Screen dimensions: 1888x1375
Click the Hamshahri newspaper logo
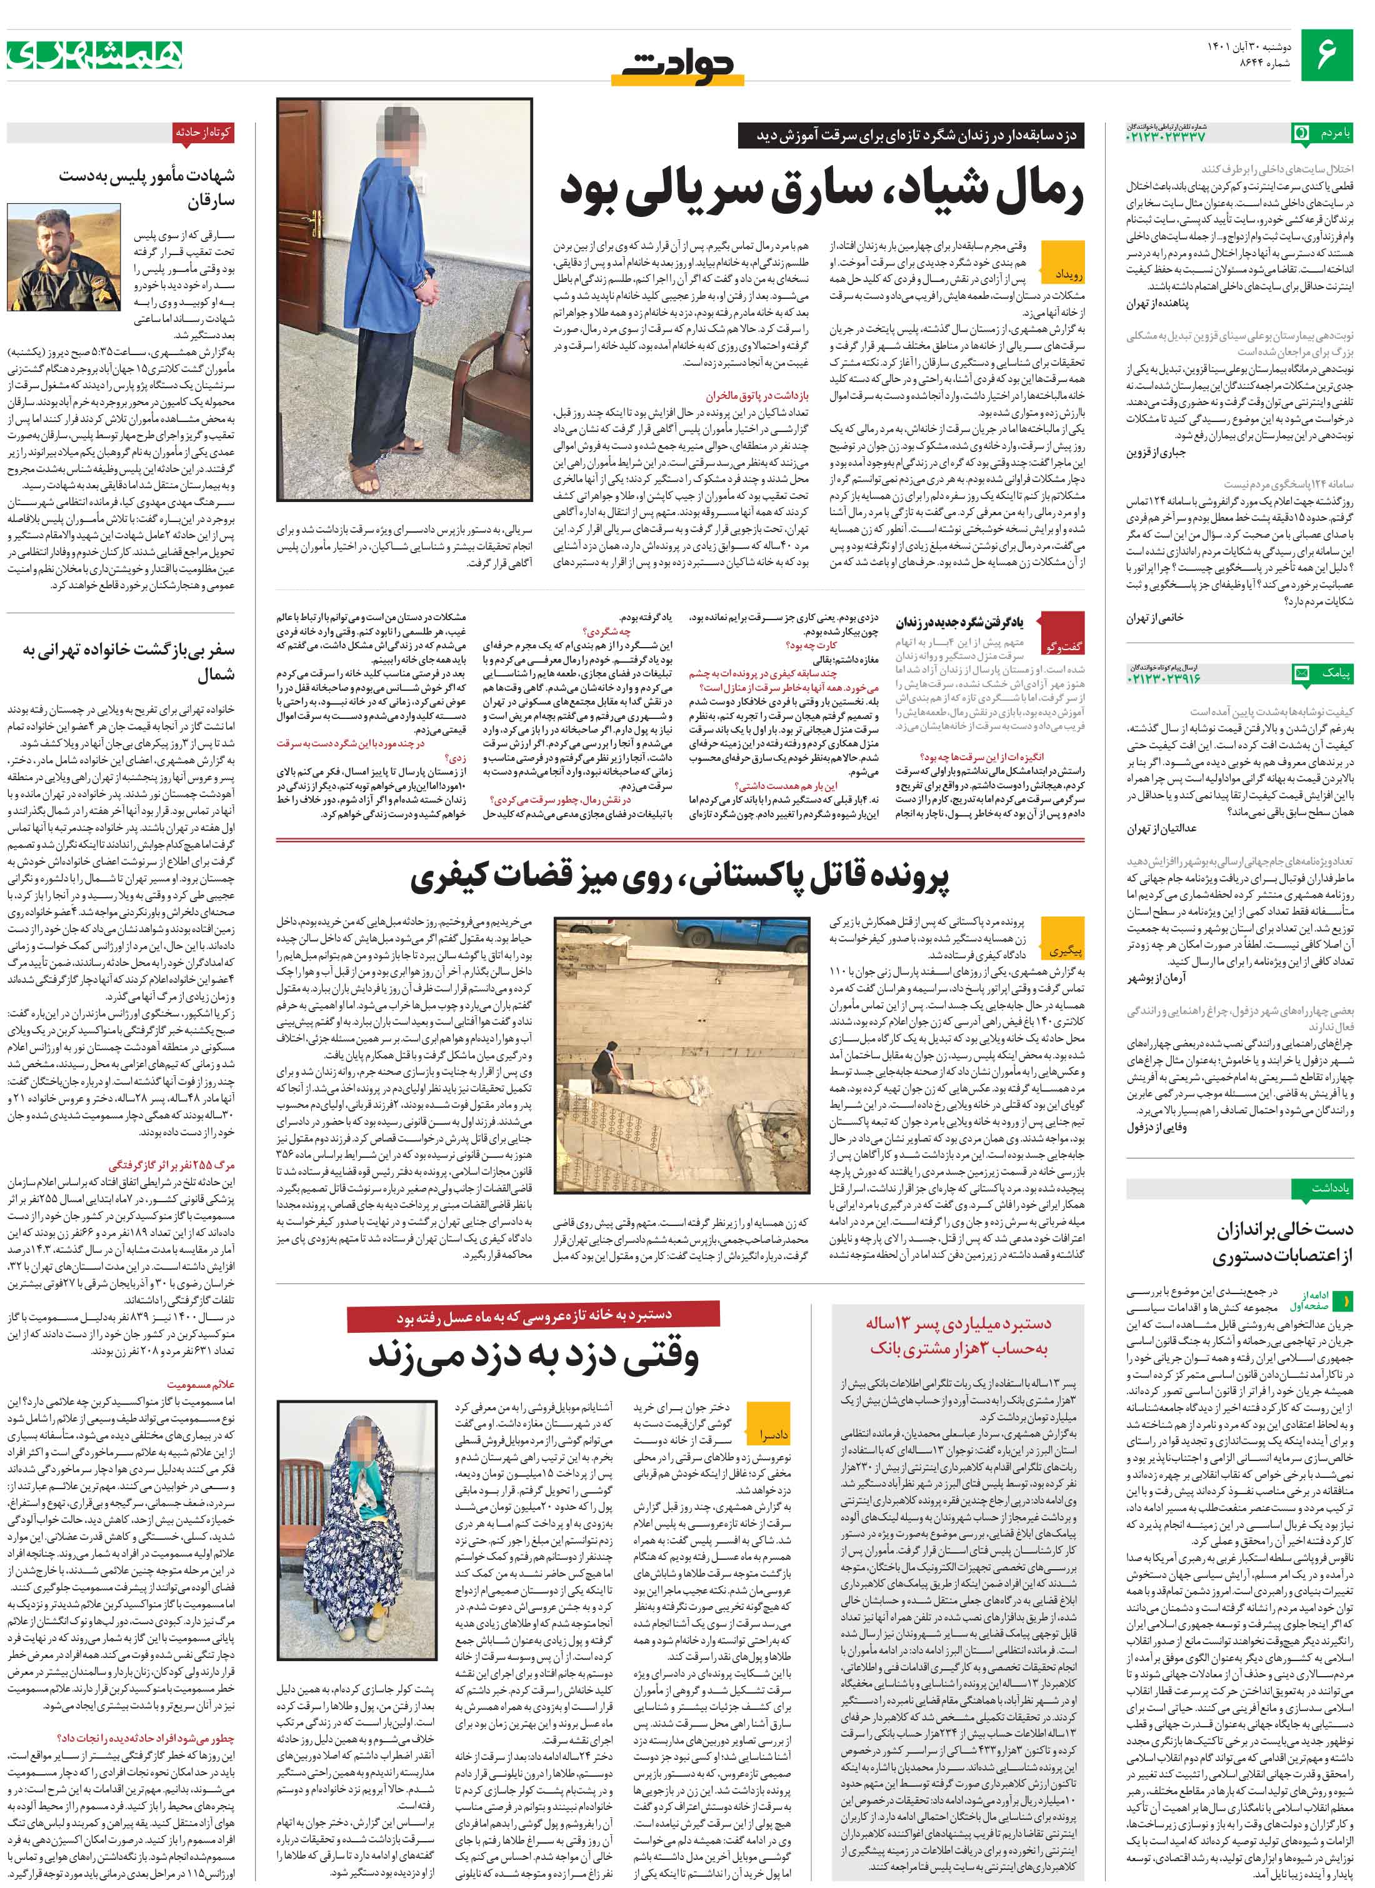click(95, 55)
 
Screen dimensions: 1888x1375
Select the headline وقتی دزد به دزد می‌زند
click(532, 1354)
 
